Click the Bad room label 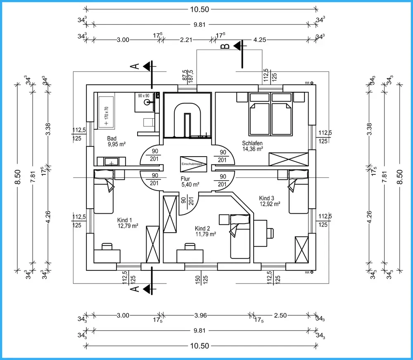[112, 138]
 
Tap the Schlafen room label [252, 143]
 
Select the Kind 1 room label [125, 220]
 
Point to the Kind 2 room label [203, 229]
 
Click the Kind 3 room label [267, 198]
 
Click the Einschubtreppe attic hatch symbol [193, 164]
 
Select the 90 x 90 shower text [143, 95]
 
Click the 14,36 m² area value [253, 150]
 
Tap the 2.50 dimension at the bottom [280, 315]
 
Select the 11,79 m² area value [206, 234]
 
